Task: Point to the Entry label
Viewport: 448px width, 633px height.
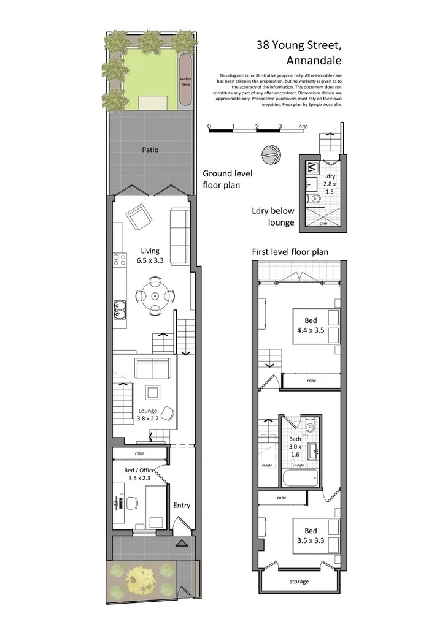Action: coord(182,506)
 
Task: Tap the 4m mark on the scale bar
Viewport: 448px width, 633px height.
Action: coord(303,127)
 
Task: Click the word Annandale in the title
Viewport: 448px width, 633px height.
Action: coord(314,61)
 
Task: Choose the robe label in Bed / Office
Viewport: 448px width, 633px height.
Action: coord(140,454)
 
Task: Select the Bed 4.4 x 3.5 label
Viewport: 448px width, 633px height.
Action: coord(311,324)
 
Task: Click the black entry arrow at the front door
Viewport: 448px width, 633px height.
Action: coord(182,543)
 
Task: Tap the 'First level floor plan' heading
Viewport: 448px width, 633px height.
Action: coord(290,252)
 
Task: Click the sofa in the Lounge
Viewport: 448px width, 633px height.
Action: coord(152,369)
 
